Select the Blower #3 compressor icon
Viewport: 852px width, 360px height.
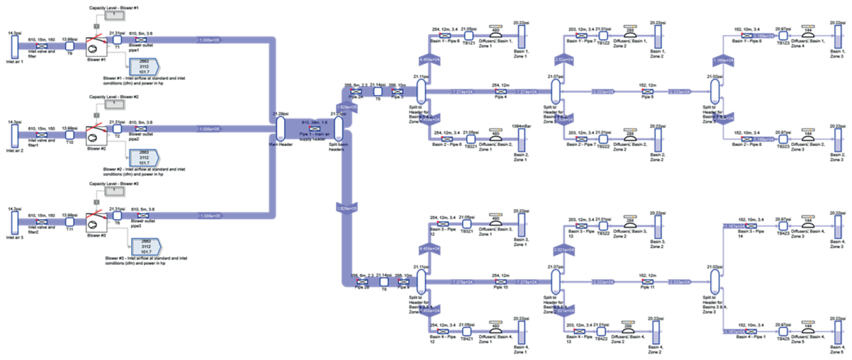tap(93, 221)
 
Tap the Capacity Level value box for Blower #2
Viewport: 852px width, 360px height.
tap(114, 104)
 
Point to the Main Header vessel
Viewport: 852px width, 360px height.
tap(280, 128)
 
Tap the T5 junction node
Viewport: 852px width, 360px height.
tap(378, 92)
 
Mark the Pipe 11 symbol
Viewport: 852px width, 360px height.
tap(644, 282)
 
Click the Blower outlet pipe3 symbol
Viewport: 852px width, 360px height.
tap(140, 216)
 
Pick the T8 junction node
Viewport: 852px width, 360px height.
tap(383, 282)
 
